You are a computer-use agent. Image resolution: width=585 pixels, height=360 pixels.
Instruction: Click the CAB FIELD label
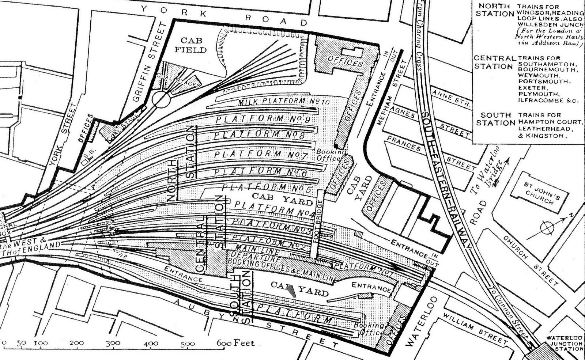click(x=190, y=45)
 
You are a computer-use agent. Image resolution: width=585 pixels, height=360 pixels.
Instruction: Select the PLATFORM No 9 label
click(x=263, y=119)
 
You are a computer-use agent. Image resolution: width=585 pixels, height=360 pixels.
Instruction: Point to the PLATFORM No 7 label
click(x=261, y=154)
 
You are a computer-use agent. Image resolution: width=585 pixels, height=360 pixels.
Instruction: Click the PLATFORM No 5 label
click(x=267, y=188)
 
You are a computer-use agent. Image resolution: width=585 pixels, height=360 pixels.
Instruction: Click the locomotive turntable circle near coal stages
click(x=161, y=99)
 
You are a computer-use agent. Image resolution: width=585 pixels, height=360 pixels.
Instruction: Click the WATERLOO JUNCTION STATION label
click(x=564, y=343)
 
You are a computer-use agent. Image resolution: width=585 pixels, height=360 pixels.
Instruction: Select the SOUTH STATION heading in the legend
click(x=495, y=119)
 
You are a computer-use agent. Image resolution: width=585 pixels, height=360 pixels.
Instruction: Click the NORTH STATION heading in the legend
click(x=495, y=10)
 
